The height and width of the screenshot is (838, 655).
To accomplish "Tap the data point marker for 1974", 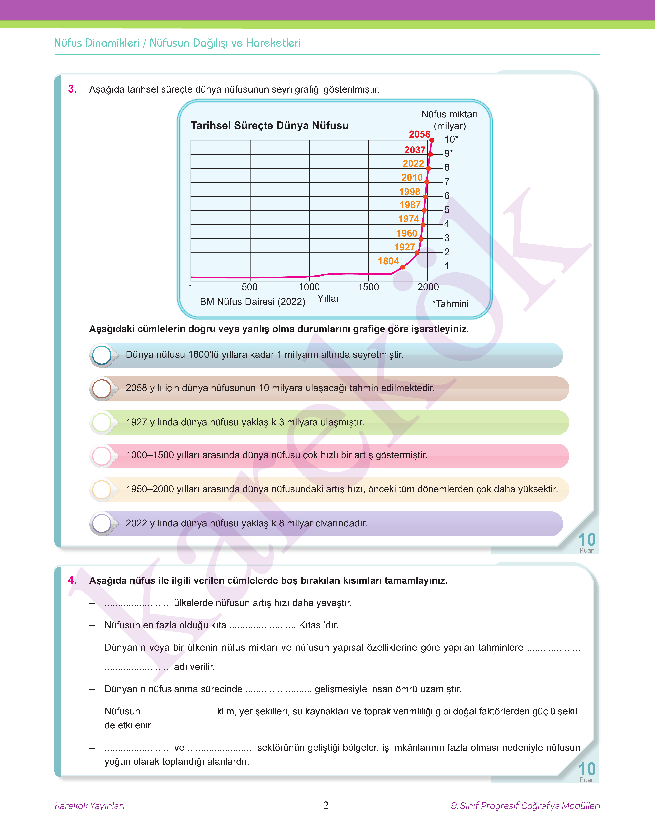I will [x=423, y=225].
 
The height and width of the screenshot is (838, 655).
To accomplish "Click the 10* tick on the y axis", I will [x=451, y=139].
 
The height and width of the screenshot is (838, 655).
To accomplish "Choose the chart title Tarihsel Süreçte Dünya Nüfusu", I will [x=270, y=126].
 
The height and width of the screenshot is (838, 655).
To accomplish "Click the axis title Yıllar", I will [x=328, y=298].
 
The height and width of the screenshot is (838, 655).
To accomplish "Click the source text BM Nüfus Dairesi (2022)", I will [x=252, y=301].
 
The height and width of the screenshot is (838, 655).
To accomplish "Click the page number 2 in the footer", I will [x=326, y=805].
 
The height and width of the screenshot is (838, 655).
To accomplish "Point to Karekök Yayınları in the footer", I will [x=90, y=805].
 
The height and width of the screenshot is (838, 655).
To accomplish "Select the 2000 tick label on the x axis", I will [x=428, y=287].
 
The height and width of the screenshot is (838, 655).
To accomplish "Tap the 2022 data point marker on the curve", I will [x=428, y=168].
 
